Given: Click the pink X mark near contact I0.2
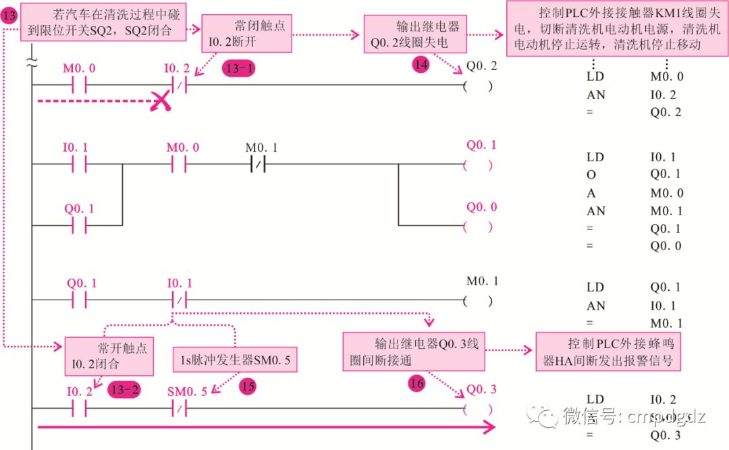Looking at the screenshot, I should click(161, 101).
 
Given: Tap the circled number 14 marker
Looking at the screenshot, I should click(421, 65).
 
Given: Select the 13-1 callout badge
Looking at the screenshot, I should click(239, 69).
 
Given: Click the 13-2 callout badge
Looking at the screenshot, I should click(124, 389).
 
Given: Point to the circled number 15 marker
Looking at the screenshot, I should click(248, 386).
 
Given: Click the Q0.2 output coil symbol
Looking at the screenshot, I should click(478, 86).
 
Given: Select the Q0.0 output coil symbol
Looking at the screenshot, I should click(478, 226).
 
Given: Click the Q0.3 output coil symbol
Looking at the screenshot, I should click(478, 408).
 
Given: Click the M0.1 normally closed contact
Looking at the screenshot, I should click(260, 165).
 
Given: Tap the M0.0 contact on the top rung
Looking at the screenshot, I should click(80, 86).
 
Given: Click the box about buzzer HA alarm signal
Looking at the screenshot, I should click(608, 351).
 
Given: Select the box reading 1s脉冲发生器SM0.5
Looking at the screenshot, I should click(236, 360).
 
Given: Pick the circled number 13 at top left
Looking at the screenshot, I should click(9, 17).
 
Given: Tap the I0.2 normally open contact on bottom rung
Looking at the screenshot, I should click(80, 408).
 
